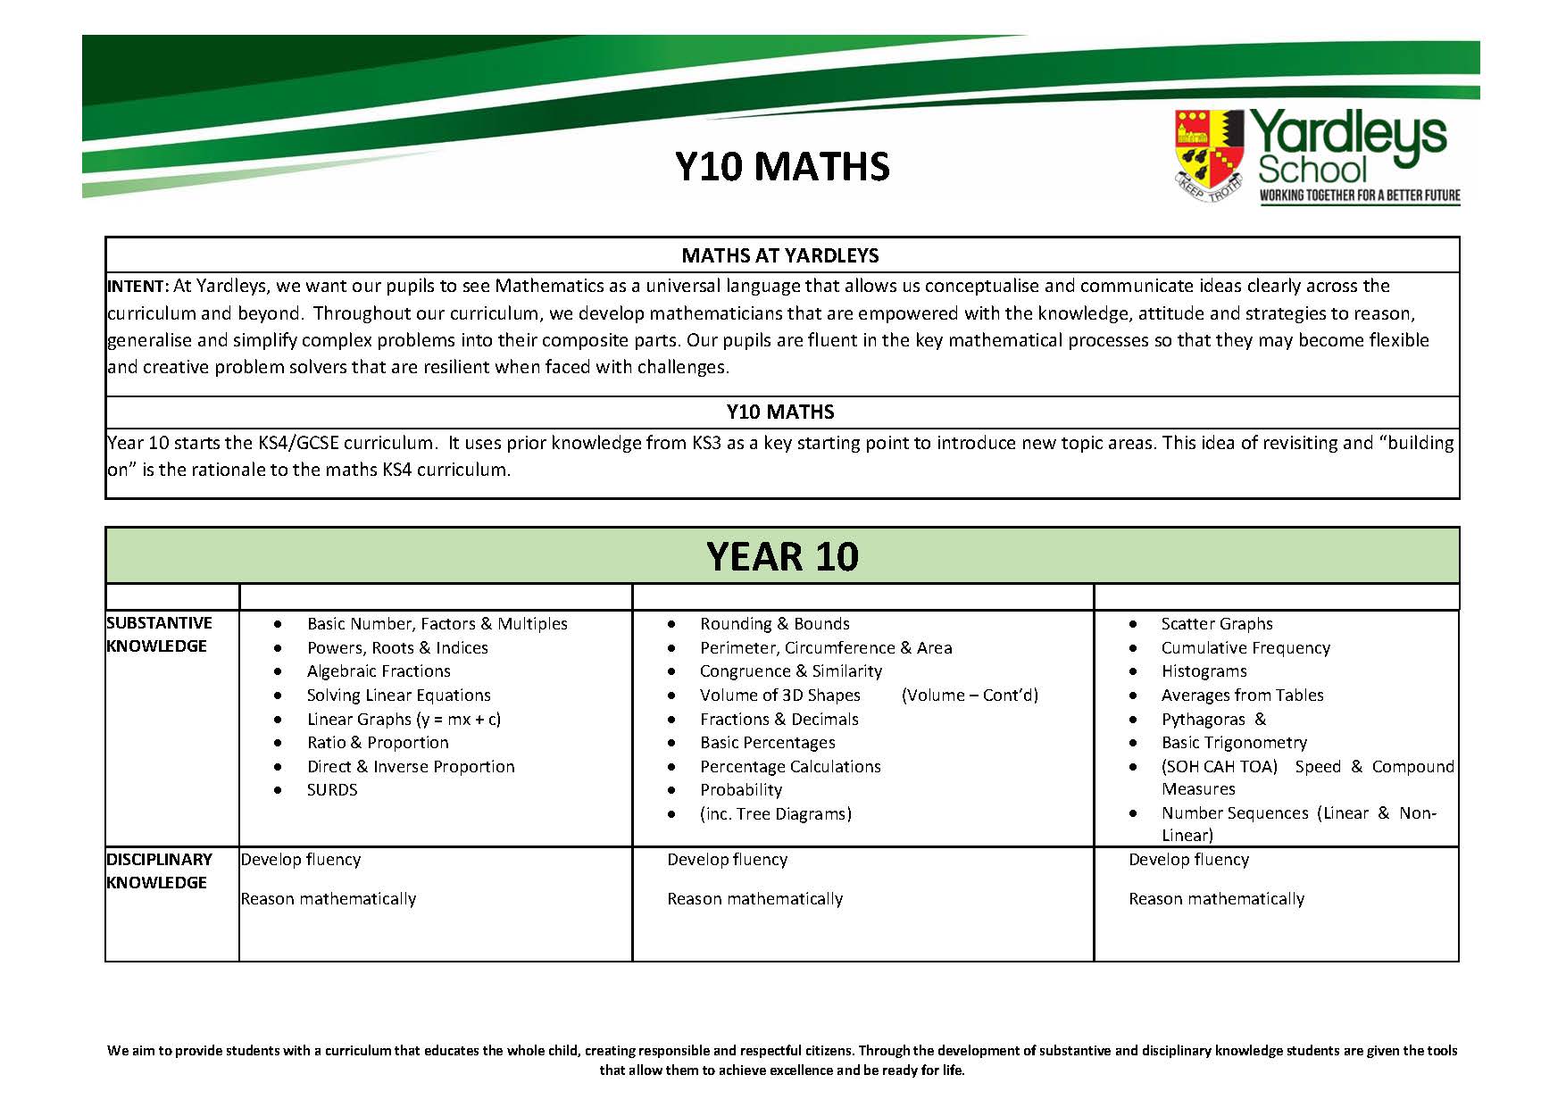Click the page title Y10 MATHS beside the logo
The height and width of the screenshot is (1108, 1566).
point(782,167)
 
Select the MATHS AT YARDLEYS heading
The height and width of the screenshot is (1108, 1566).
point(780,255)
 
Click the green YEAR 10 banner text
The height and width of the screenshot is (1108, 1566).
point(782,556)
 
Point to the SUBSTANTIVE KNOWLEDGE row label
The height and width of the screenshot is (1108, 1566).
point(159,634)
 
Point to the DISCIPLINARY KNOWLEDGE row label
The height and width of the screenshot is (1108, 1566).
point(159,871)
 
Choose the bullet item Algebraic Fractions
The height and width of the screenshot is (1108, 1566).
point(379,671)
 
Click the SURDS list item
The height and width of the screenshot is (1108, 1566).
point(332,790)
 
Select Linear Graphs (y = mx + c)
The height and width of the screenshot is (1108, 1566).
point(404,719)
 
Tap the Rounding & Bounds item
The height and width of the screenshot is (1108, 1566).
point(774,624)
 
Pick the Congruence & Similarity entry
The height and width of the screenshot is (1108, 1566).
point(790,671)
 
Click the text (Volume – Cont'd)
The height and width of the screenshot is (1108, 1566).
point(970,696)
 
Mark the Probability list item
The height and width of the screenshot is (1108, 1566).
point(741,790)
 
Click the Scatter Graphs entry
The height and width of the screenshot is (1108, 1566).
point(1216,624)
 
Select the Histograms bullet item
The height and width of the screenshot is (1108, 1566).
point(1204,671)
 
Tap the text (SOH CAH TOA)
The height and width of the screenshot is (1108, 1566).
point(1219,767)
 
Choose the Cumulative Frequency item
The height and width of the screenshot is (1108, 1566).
point(1245,648)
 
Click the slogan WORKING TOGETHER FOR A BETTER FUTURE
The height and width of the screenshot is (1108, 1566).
point(1359,196)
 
